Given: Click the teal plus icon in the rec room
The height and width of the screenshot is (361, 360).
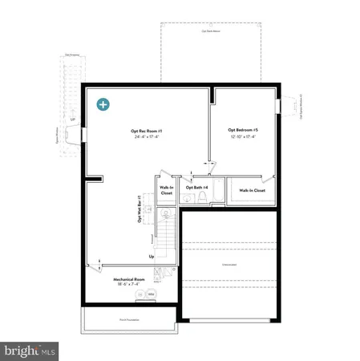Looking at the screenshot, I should pyautogui.click(x=103, y=104).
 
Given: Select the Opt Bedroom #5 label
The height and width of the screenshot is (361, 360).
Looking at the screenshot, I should pyautogui.click(x=243, y=130).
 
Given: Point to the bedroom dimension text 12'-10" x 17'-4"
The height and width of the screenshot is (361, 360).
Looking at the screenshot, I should pyautogui.click(x=243, y=136).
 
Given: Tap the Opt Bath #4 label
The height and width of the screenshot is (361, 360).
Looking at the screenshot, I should pyautogui.click(x=196, y=188).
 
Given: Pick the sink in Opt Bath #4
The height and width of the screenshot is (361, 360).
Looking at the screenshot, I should pyautogui.click(x=184, y=198).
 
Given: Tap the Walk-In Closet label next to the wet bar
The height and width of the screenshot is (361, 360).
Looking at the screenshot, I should pyautogui.click(x=166, y=191).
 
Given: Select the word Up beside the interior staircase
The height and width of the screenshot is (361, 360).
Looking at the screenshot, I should pyautogui.click(x=152, y=257).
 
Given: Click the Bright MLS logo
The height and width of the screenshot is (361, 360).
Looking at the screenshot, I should pyautogui.click(x=30, y=350).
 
